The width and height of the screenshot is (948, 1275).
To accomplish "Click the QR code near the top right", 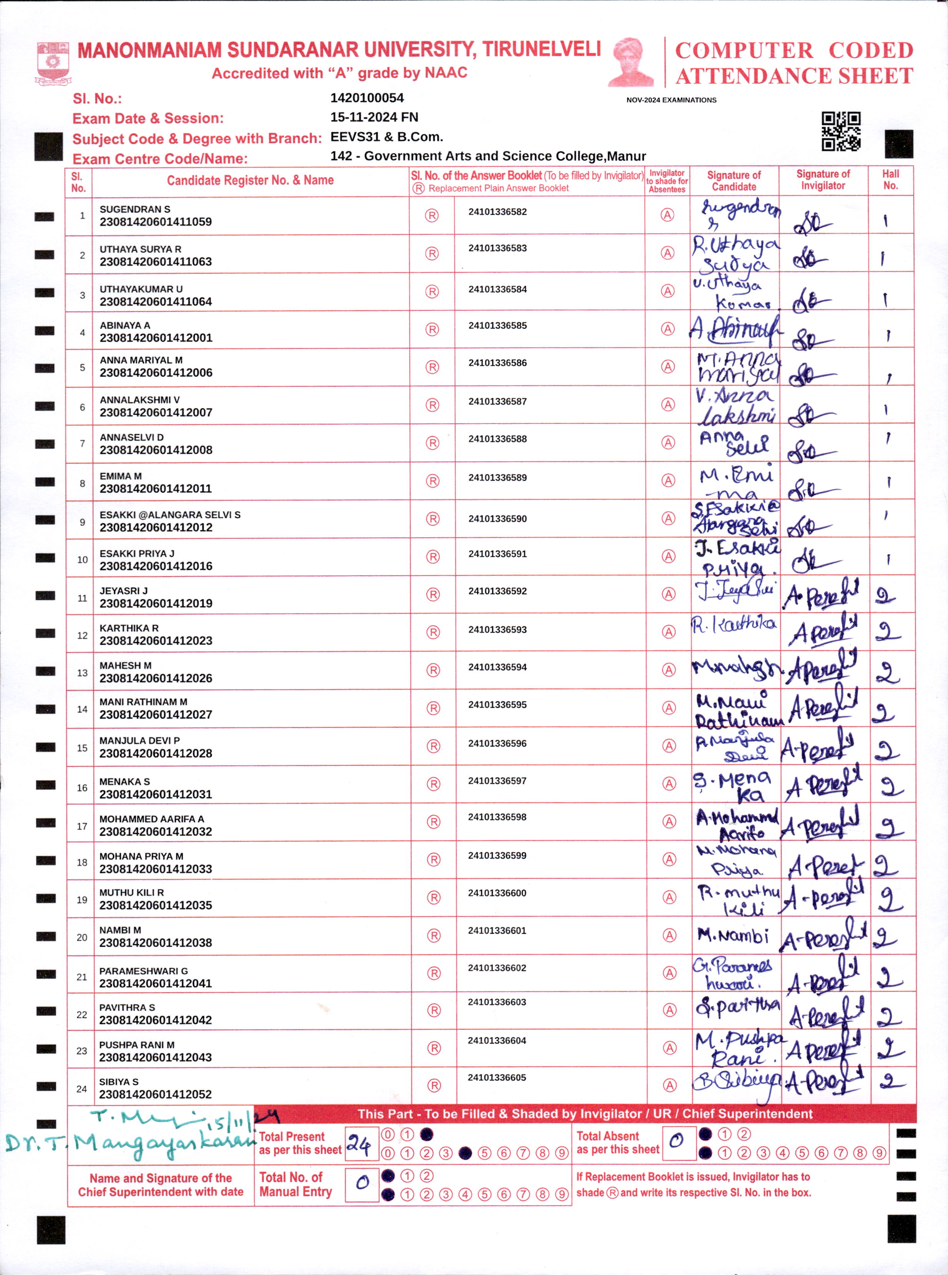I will [x=841, y=131].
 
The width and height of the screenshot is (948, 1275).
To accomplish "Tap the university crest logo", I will [x=52, y=63].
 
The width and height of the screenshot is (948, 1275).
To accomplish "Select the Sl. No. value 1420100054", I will [x=367, y=98].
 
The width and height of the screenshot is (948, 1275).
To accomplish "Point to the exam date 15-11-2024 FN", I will [x=374, y=117].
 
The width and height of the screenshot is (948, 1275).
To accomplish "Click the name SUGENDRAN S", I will [x=135, y=209].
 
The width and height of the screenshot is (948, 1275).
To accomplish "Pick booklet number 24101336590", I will [x=497, y=518].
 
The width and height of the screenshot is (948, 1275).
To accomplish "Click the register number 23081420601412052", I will [x=156, y=1094].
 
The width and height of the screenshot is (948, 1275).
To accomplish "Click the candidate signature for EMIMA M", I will [x=735, y=482].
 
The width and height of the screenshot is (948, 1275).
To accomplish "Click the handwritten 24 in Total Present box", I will [x=360, y=1144].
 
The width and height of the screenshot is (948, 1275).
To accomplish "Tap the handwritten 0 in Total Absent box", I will [x=676, y=1141].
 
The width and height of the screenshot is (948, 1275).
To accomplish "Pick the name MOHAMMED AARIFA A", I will [x=151, y=818].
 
